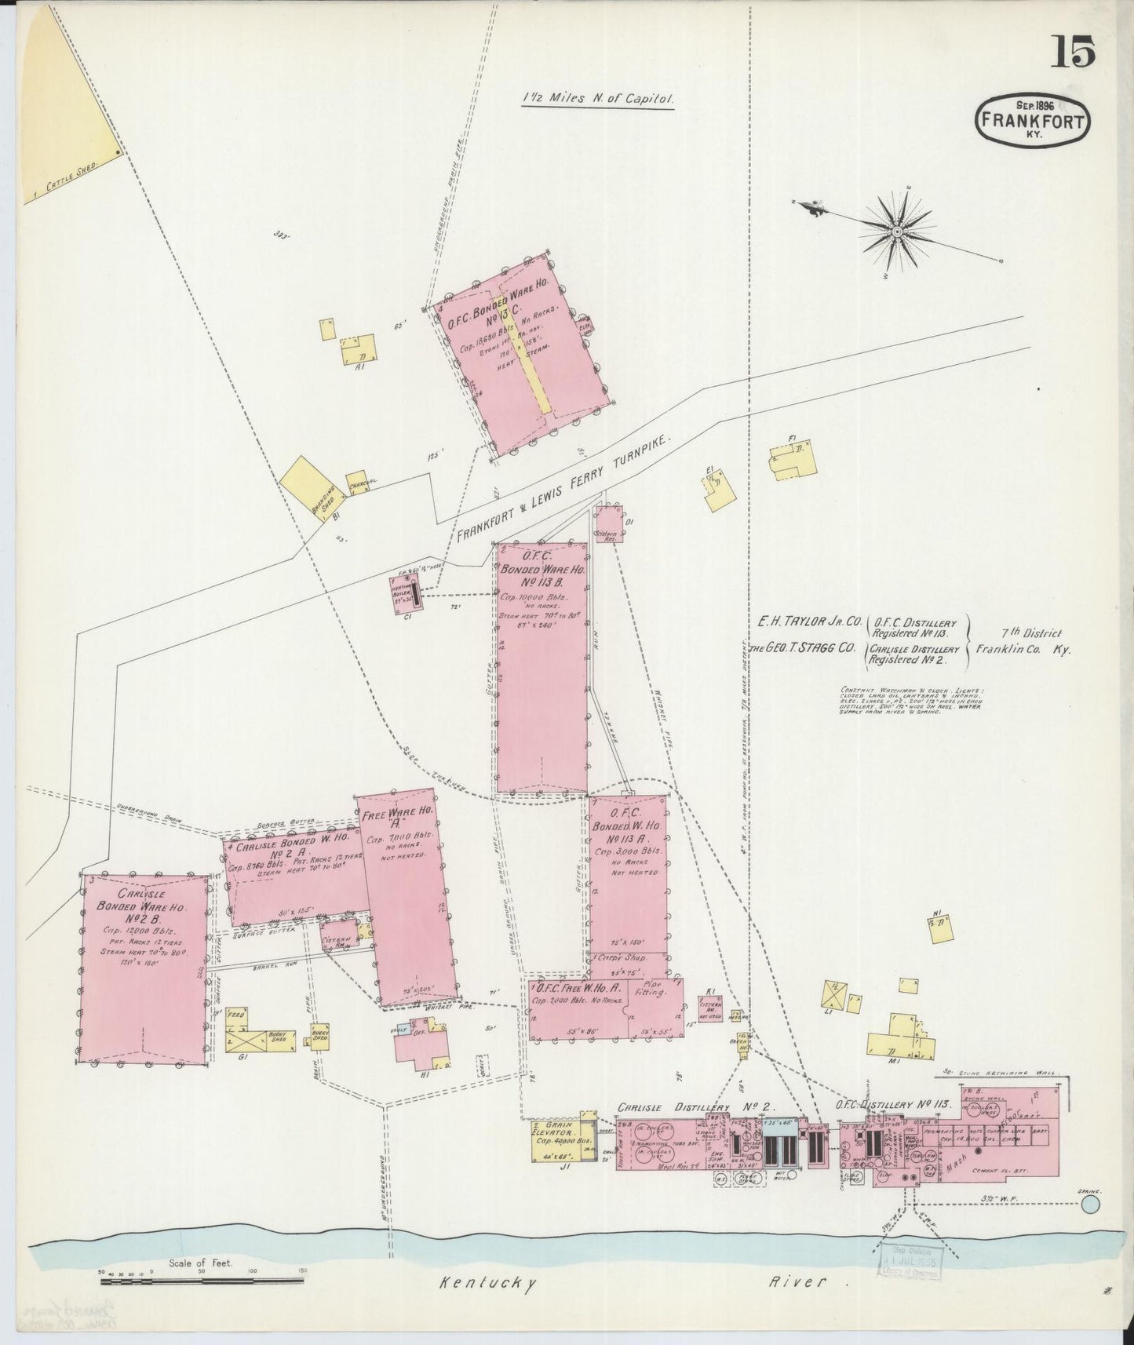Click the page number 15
pyautogui.click(x=1074, y=53)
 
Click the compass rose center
pyautogui.click(x=896, y=231)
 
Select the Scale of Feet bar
pyautogui.click(x=202, y=1281)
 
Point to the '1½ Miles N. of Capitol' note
pyautogui.click(x=598, y=100)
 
